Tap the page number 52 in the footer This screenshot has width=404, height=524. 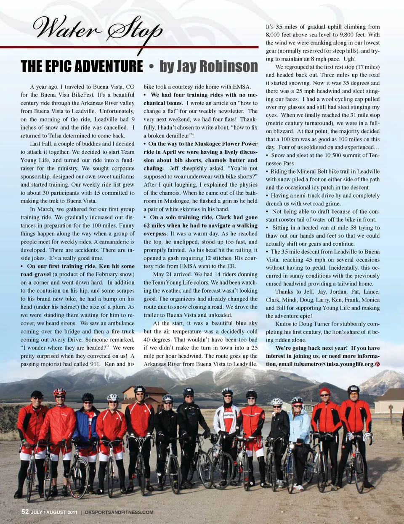point(25,512)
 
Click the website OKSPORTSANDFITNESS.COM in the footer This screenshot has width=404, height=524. point(119,512)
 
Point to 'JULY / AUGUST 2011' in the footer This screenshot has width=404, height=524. point(54,512)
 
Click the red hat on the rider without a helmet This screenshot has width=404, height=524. point(324,391)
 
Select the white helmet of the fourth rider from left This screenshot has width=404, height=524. point(112,397)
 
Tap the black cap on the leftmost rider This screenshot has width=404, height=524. point(37,394)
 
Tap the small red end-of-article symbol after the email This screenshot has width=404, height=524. point(377,364)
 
